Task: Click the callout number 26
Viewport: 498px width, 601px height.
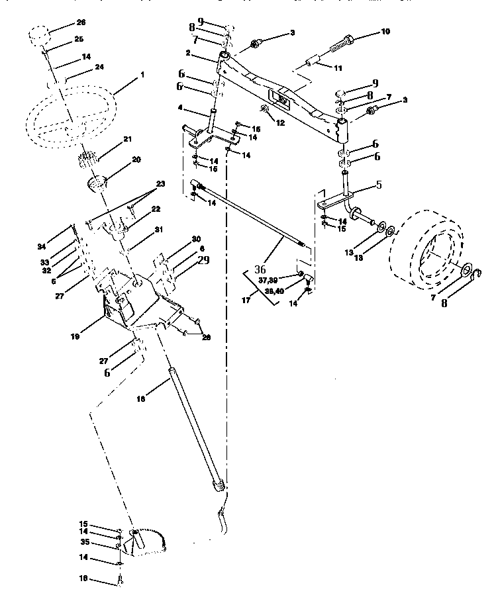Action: [x=81, y=23]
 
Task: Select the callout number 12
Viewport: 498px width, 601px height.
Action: [x=281, y=122]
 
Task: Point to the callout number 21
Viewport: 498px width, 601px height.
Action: [x=127, y=140]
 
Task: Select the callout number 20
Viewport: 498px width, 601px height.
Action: [x=136, y=160]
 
